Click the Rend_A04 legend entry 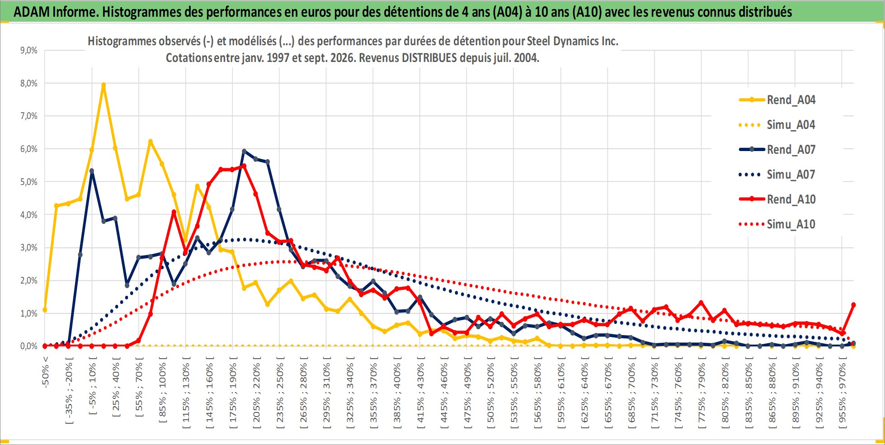(777, 100)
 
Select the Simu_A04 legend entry (777, 125)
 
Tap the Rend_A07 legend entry (777, 150)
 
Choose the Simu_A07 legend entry (777, 175)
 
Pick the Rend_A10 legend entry (777, 199)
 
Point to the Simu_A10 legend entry (777, 224)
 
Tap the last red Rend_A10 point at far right (853, 305)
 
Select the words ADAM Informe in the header (56, 12)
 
